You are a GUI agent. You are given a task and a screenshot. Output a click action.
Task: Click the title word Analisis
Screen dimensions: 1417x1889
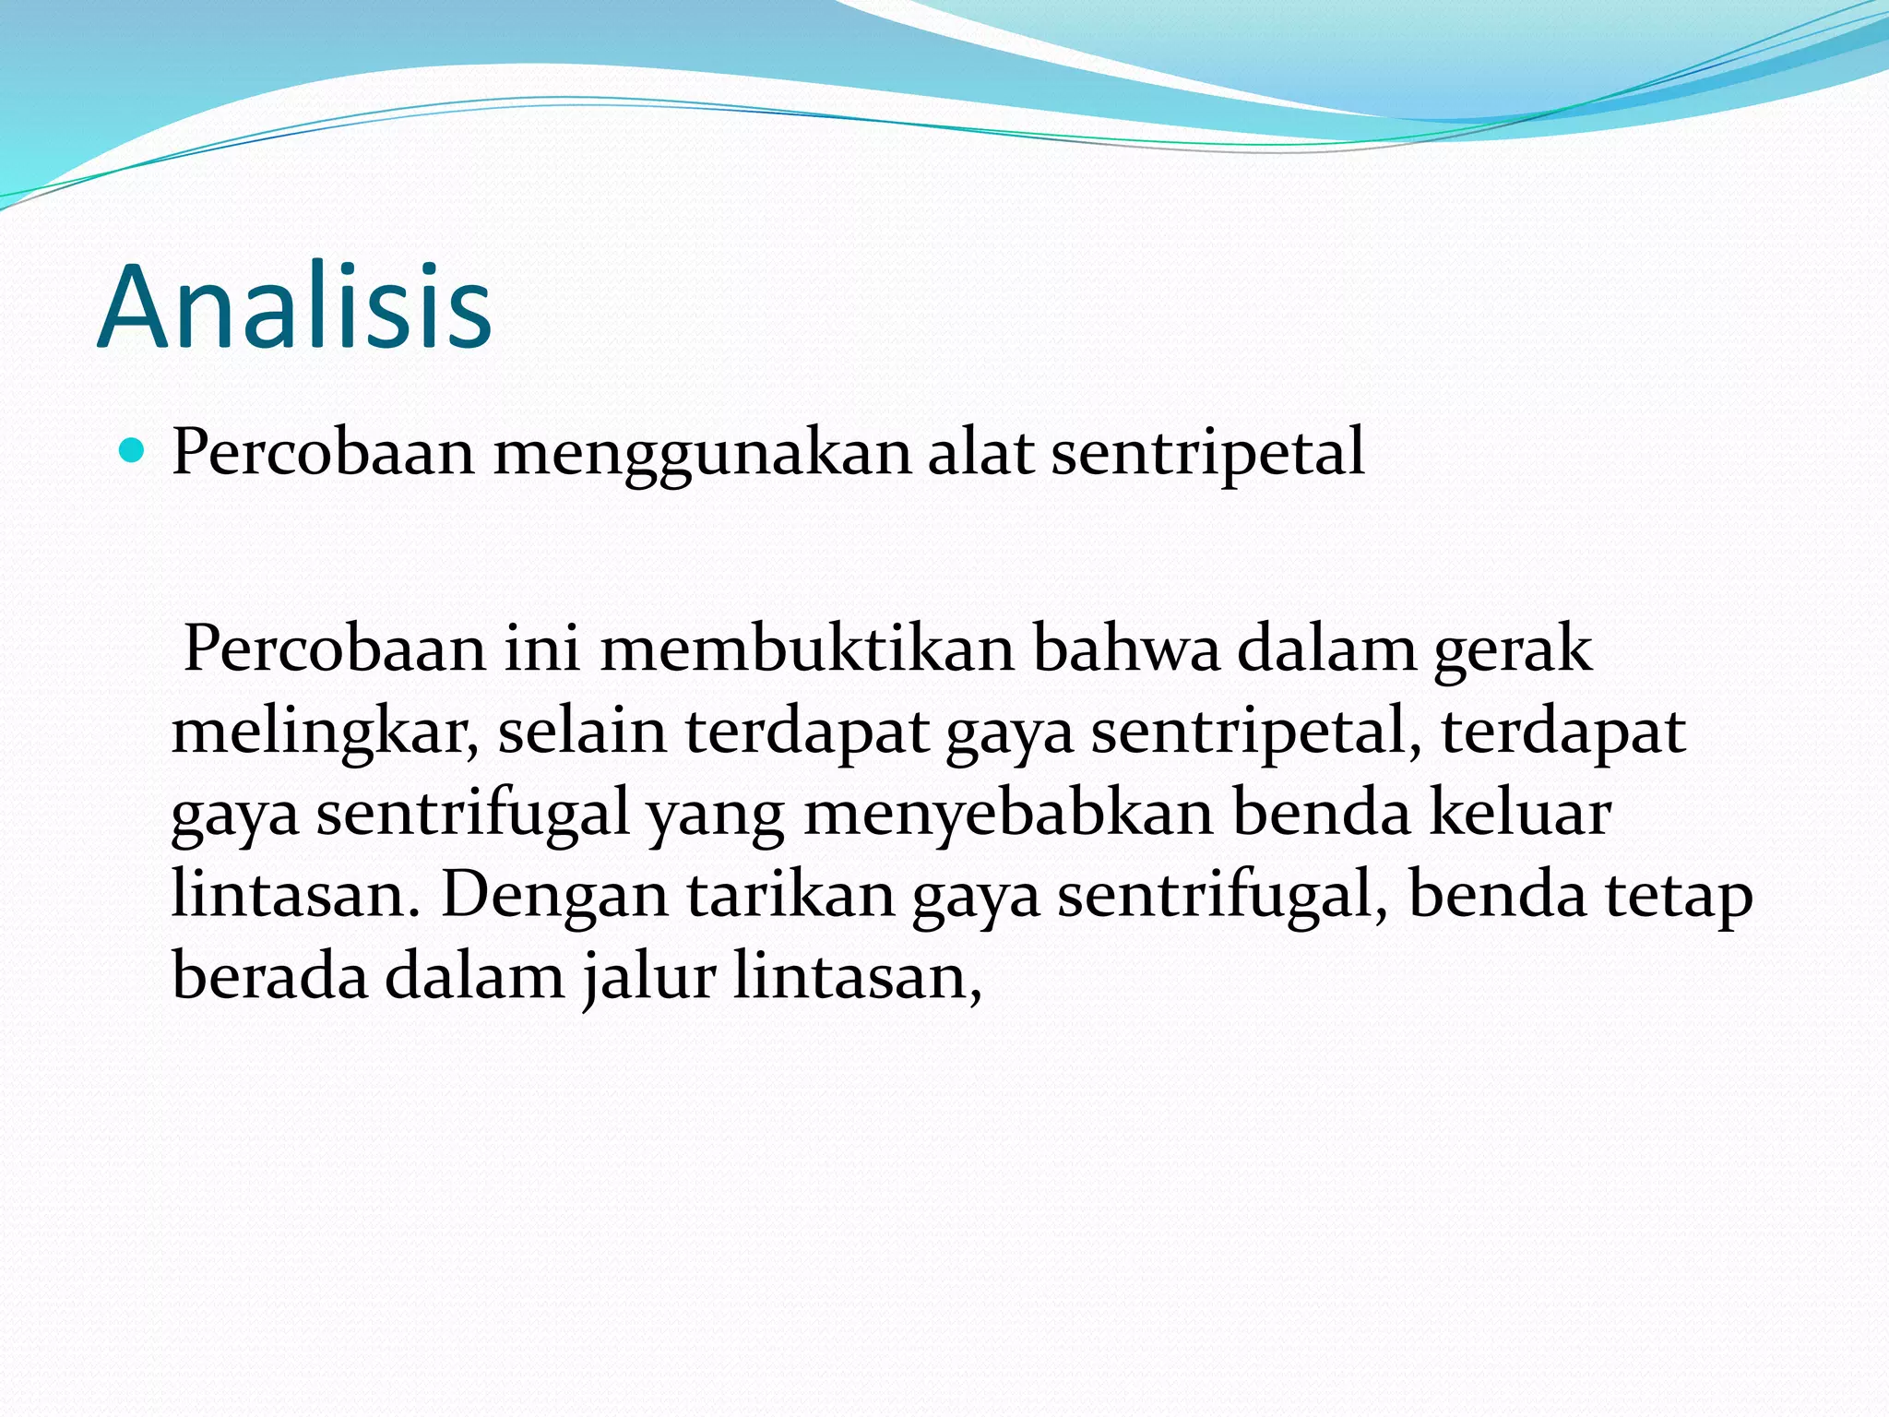[x=294, y=307]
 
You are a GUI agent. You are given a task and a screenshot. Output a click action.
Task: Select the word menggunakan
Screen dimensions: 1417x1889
[x=702, y=454]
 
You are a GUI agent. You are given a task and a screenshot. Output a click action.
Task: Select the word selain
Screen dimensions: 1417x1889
[x=582, y=732]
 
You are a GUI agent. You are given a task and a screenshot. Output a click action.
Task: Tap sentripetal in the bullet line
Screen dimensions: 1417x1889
[x=1206, y=454]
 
